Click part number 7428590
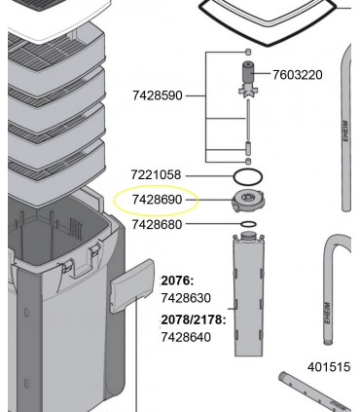click(x=158, y=95)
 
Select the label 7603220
click(x=298, y=75)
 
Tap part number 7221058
click(x=156, y=175)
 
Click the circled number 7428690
click(x=158, y=200)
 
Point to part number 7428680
click(x=157, y=224)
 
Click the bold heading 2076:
click(x=177, y=281)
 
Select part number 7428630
click(x=186, y=298)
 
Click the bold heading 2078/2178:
click(x=194, y=320)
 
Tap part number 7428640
click(x=186, y=337)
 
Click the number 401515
click(x=329, y=367)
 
